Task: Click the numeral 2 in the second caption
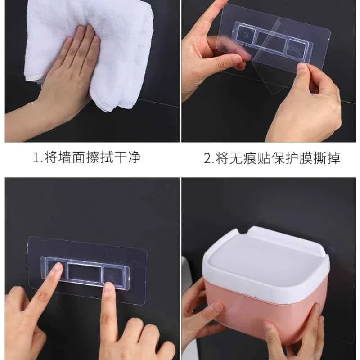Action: pos(207,158)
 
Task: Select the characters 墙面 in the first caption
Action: pos(68,158)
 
